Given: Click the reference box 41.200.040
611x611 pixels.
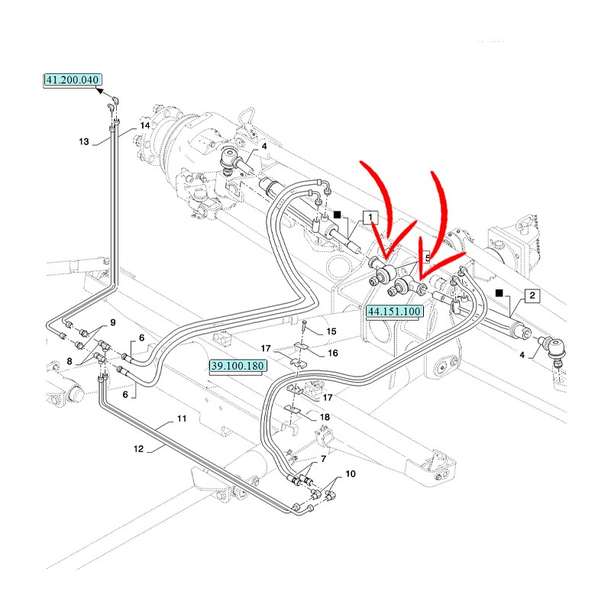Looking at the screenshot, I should (x=72, y=79).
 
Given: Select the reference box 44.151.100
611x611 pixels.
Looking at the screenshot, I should (x=394, y=312).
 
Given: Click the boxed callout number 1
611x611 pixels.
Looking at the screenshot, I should (x=370, y=218).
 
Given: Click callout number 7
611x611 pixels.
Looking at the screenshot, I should (x=323, y=459).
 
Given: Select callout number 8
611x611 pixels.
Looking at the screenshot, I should (x=70, y=361).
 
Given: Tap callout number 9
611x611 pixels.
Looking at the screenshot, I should (x=112, y=322).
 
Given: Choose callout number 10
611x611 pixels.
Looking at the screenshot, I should (x=350, y=474).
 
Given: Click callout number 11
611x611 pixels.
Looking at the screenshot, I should (x=181, y=419).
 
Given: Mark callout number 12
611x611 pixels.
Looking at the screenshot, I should (x=138, y=449).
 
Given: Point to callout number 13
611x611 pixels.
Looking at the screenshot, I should (x=84, y=141).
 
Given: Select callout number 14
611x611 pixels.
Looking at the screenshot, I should (x=144, y=125).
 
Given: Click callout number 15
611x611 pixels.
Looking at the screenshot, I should (x=331, y=331).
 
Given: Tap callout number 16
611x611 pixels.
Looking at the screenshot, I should (x=332, y=354).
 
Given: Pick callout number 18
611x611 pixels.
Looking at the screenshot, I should (x=325, y=417).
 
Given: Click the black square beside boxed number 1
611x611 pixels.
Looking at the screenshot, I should (x=337, y=217).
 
